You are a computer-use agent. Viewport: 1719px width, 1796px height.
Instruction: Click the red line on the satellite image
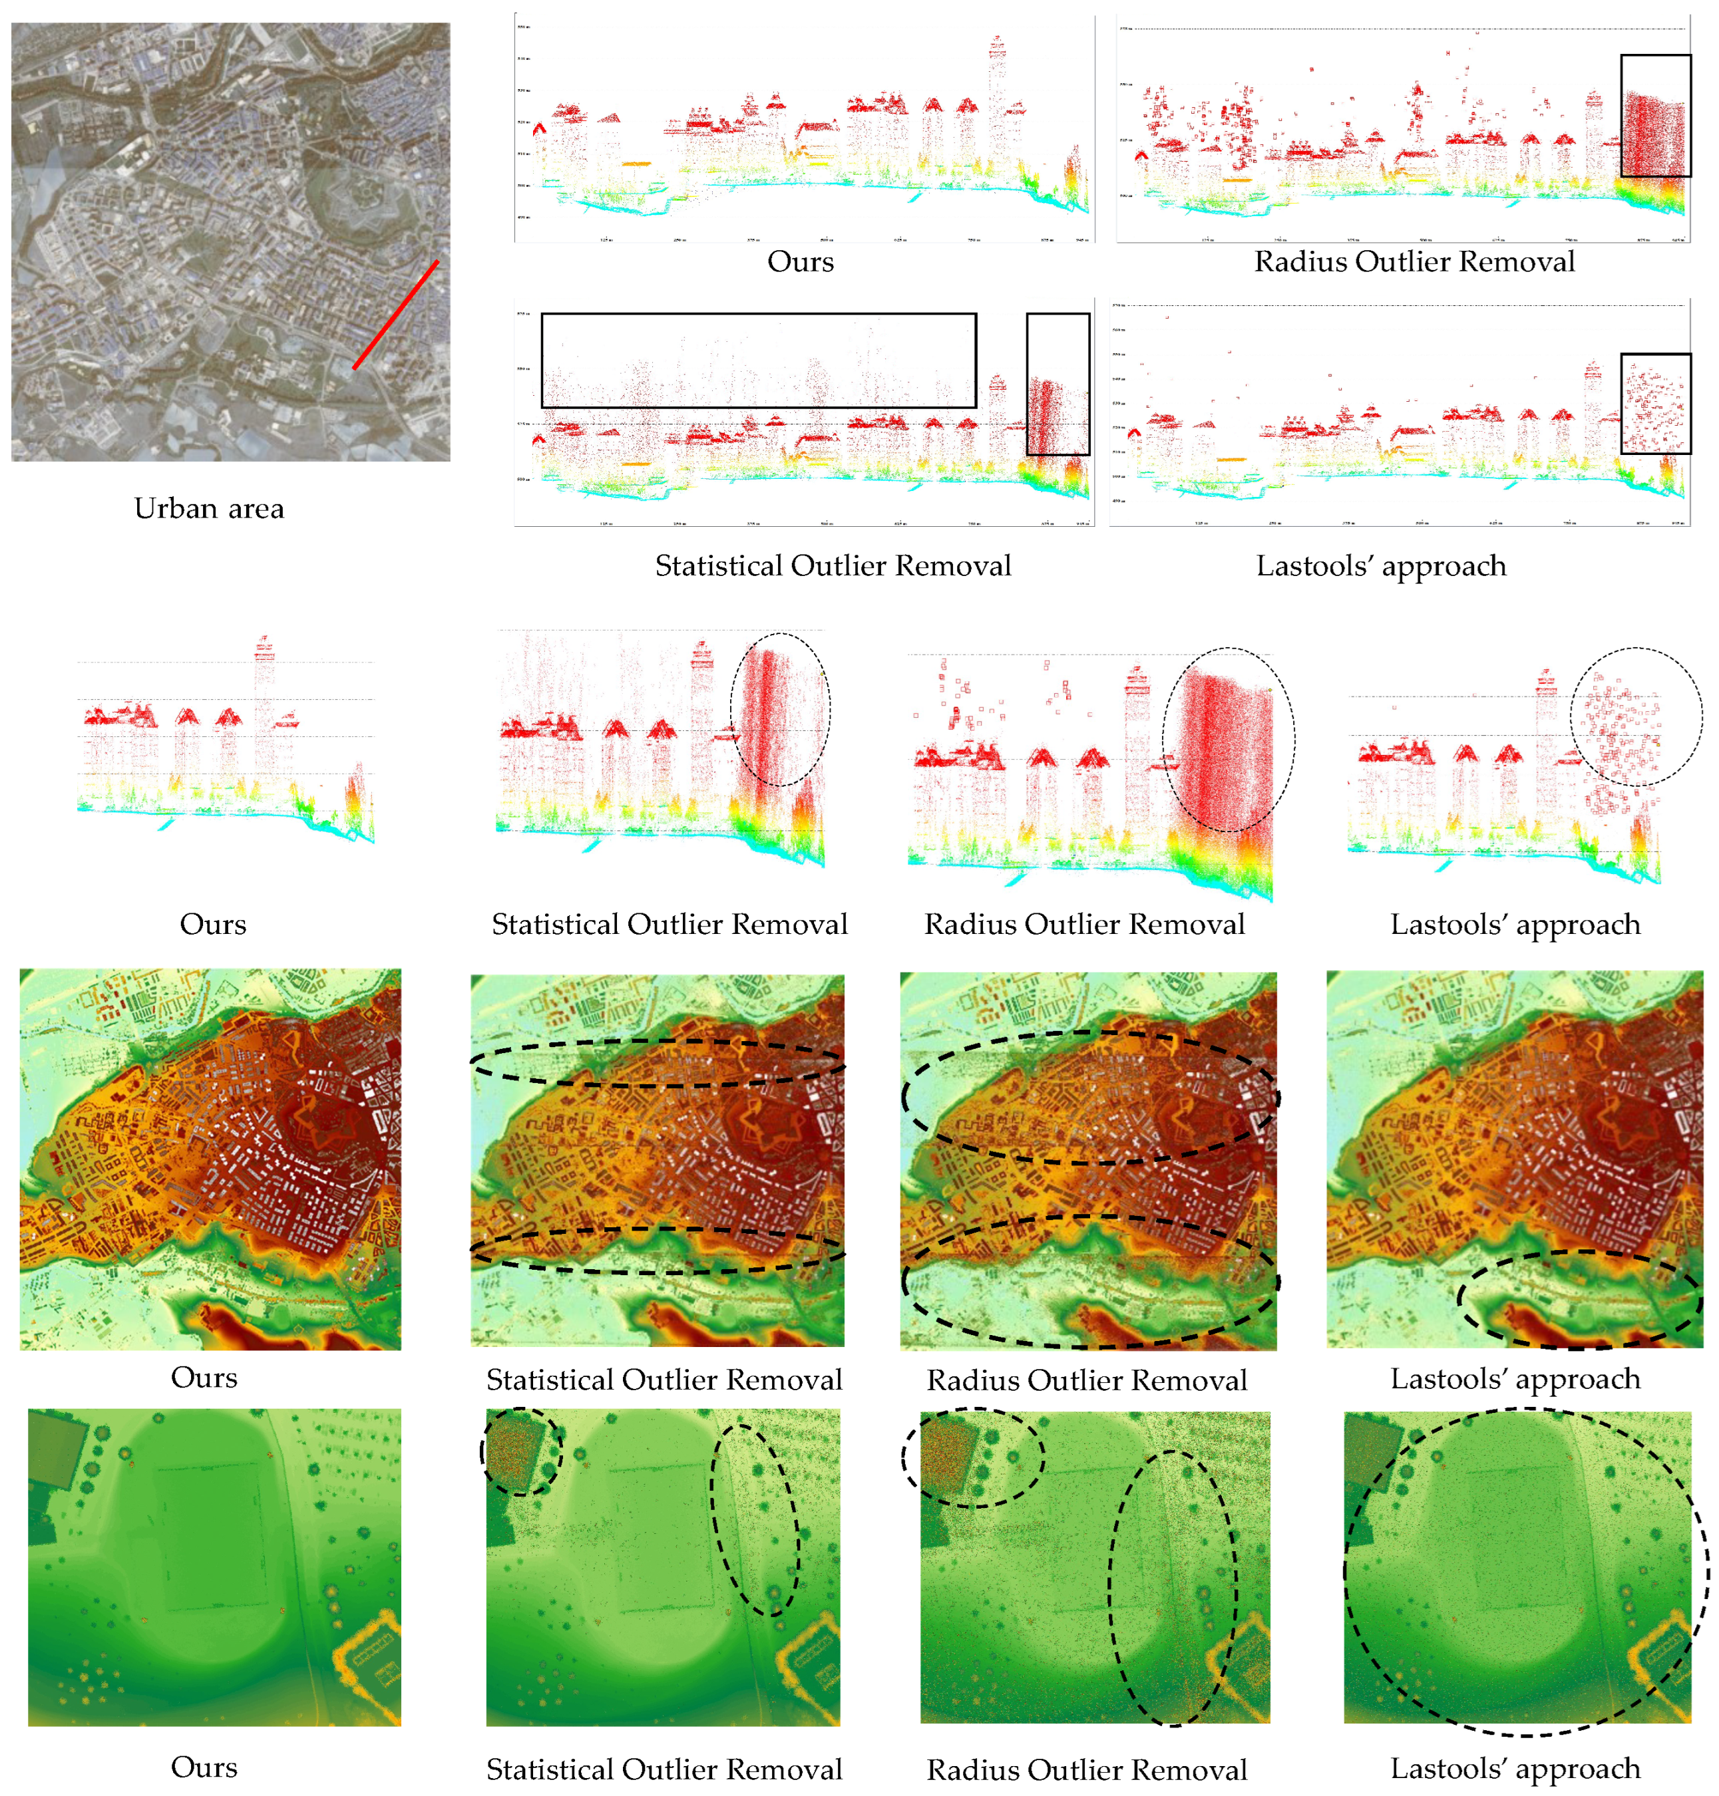(396, 314)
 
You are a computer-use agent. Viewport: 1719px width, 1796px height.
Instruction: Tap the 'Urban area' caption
(209, 508)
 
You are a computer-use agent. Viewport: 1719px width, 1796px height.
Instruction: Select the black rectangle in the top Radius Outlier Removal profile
(1656, 57)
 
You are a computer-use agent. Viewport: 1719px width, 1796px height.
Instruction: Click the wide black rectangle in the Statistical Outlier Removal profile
(758, 315)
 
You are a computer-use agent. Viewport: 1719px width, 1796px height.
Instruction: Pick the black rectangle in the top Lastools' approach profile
(1656, 355)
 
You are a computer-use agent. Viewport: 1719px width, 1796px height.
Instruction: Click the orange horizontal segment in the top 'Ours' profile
(636, 164)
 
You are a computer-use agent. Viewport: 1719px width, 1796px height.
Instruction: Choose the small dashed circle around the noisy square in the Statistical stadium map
(520, 1410)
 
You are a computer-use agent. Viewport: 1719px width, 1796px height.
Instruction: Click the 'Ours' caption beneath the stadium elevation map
(204, 1767)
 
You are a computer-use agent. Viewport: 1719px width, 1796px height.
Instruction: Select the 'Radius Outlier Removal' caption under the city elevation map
(1087, 1380)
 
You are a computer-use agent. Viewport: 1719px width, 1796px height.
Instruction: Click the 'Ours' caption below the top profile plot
(800, 262)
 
